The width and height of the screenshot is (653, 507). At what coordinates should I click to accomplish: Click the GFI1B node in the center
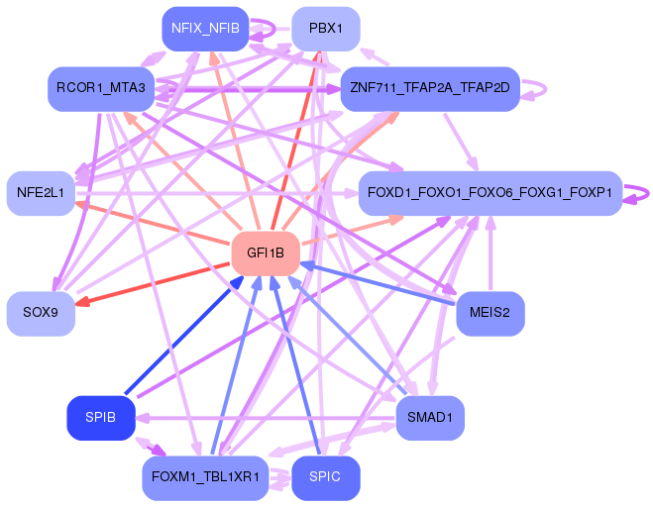pos(266,253)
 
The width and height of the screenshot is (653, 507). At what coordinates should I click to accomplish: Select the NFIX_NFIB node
pos(205,29)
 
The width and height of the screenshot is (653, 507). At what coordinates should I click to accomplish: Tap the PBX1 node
pos(325,29)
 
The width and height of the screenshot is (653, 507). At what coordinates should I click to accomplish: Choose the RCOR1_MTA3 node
pos(101,89)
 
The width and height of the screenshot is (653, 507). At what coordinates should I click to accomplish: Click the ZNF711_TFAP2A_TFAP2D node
pos(429,89)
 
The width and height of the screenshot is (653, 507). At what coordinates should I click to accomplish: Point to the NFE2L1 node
pos(41,192)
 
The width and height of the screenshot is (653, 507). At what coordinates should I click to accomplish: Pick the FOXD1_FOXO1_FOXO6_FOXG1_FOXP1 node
pos(489,192)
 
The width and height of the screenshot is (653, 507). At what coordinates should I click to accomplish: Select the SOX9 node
pos(41,314)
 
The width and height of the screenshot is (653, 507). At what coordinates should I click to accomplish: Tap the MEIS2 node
pos(490,314)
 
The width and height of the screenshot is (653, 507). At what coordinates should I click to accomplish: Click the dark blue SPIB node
pos(101,417)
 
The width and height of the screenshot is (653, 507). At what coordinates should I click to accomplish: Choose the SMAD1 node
pos(429,417)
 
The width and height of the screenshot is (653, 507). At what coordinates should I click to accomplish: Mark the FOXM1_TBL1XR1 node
pos(205,477)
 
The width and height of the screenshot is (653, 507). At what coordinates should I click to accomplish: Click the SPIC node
pos(325,477)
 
